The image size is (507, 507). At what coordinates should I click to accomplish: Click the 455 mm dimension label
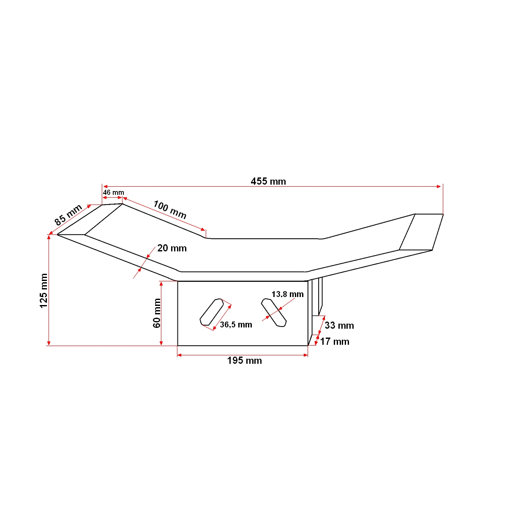tap(268, 182)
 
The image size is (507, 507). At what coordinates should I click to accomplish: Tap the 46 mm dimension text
tap(114, 193)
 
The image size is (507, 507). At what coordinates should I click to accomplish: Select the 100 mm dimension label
tap(169, 210)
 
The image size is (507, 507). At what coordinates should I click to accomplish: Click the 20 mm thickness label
tap(172, 248)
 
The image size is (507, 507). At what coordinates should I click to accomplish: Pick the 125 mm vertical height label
tap(44, 291)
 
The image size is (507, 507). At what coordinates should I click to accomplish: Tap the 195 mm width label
tap(244, 361)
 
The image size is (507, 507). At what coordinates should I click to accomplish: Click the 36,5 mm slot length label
tap(236, 325)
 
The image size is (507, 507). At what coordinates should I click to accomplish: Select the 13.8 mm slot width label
tap(287, 294)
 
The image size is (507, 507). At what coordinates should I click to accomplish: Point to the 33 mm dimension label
tap(339, 326)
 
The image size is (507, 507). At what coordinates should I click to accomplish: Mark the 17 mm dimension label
tap(335, 342)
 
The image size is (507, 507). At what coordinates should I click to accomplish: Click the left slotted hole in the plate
tap(211, 312)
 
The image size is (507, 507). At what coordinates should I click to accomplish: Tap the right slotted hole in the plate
tap(274, 312)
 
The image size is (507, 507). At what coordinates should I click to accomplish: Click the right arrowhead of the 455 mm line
tap(439, 186)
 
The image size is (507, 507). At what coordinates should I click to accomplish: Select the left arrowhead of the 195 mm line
tap(180, 355)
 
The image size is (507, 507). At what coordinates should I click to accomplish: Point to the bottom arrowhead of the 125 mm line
tap(49, 343)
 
